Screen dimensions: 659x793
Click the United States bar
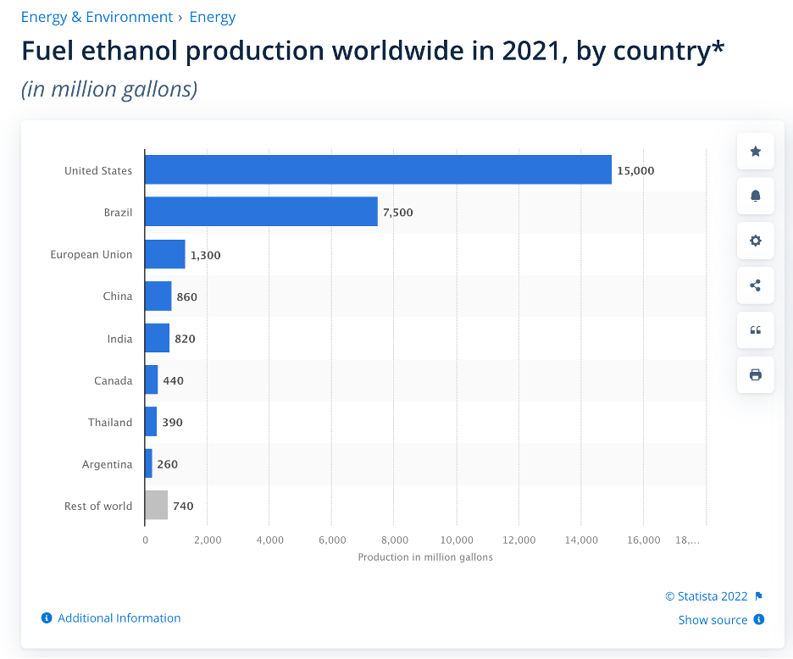(378, 169)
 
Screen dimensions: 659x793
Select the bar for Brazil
(261, 212)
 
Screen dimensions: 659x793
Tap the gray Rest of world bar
(157, 506)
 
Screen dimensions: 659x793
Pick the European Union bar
(165, 254)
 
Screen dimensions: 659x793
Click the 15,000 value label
(635, 170)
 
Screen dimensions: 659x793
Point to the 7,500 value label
(398, 213)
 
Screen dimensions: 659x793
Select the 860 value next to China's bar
(186, 296)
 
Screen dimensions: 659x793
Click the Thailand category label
(110, 422)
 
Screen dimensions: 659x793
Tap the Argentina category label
(108, 464)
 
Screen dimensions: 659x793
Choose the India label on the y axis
(119, 338)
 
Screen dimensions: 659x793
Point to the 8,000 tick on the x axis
(394, 540)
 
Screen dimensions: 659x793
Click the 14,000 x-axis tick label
(581, 540)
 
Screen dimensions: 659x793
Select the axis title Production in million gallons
(425, 557)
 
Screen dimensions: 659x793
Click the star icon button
(756, 152)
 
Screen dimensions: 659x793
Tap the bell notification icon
(756, 196)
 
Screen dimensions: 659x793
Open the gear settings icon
(756, 241)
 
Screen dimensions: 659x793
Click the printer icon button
(756, 374)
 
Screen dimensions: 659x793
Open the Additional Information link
(119, 618)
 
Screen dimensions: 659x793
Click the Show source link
(713, 620)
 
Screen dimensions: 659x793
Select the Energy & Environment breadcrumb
(97, 17)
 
